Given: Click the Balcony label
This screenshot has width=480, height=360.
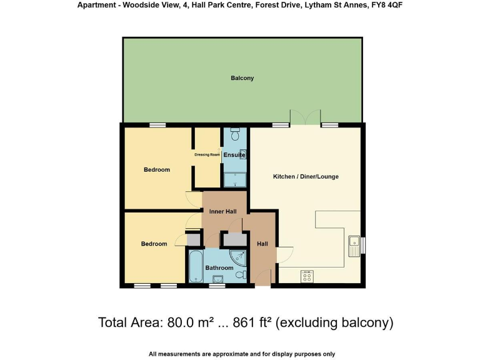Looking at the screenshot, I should pos(242,78).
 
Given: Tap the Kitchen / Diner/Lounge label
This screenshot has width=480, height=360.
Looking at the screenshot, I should pos(306,177).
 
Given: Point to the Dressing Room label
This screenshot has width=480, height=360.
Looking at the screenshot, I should pos(207,154).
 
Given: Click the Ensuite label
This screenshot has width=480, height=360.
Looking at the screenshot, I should pos(234,154).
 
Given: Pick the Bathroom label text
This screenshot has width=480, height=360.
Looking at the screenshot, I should pos(219,268).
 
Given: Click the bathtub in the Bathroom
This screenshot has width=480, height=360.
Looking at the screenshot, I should pos(194,267).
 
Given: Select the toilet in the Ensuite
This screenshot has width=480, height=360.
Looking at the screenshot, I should pos(235,134).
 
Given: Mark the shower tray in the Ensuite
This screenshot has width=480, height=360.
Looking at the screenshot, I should pos(235,180).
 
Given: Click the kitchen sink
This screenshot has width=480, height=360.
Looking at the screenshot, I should pos(354,244).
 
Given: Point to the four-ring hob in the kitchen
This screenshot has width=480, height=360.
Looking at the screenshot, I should pos(307,275).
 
